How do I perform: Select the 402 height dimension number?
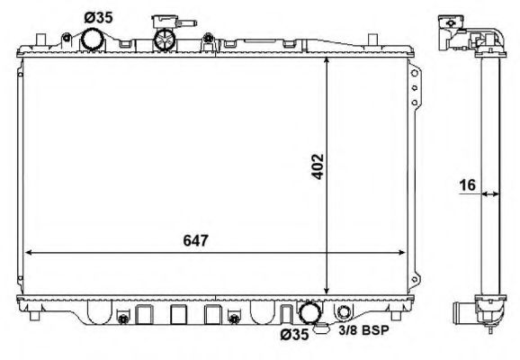[318, 167]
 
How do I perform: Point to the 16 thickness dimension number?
[465, 185]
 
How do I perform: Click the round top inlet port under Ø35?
[93, 40]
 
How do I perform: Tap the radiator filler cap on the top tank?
[164, 40]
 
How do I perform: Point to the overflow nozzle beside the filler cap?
[166, 19]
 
